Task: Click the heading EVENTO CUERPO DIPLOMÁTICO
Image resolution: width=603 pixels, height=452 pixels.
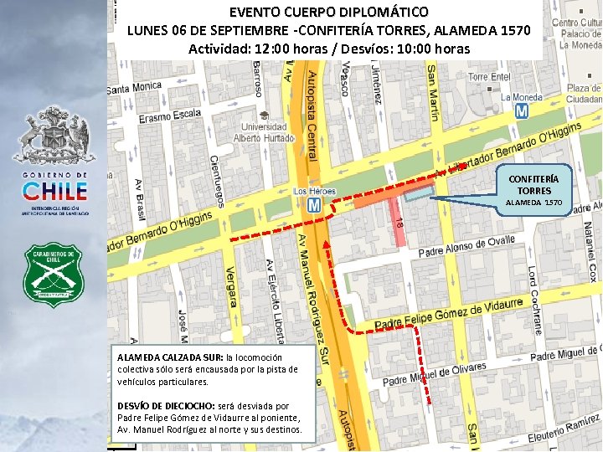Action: pos(328,13)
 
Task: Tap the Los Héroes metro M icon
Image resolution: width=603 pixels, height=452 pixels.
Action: pos(314,204)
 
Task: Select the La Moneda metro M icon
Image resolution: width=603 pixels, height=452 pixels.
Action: pos(522,110)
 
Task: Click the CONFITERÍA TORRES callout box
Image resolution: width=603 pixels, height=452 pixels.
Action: pos(534,190)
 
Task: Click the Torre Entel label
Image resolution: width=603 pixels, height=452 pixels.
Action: pos(489,77)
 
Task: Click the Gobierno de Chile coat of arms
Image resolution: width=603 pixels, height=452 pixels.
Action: pos(54,134)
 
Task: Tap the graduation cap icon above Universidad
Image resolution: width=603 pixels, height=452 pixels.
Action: pos(264,116)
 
